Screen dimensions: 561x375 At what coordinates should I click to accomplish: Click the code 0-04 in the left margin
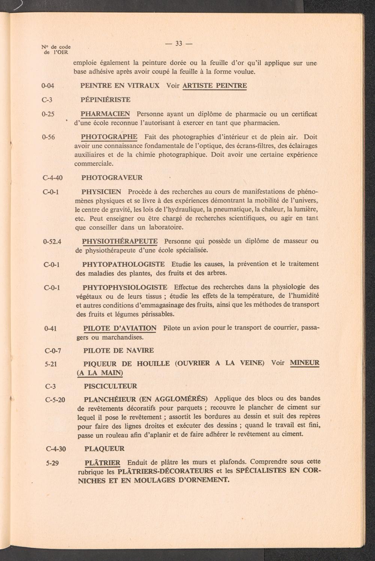click(x=48, y=86)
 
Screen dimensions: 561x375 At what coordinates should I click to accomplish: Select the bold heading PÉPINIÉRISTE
click(x=105, y=100)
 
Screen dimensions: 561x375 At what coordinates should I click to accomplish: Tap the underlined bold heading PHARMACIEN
click(x=105, y=114)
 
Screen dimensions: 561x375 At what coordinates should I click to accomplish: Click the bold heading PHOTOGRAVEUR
click(x=112, y=178)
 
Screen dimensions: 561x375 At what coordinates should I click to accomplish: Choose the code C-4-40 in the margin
click(x=53, y=178)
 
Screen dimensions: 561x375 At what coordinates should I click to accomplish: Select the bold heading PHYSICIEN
click(x=101, y=192)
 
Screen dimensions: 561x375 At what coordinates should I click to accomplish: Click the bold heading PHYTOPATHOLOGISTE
click(x=123, y=264)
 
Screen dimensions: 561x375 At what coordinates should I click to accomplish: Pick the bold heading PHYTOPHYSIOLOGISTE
click(x=125, y=287)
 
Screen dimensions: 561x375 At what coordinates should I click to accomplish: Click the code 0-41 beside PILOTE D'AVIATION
click(x=50, y=329)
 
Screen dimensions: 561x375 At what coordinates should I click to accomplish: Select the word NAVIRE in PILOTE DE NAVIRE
click(x=140, y=351)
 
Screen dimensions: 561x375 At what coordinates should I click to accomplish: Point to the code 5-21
click(x=50, y=364)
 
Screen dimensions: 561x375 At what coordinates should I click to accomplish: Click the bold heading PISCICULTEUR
click(x=111, y=386)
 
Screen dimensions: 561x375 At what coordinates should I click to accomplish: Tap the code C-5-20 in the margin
click(x=55, y=400)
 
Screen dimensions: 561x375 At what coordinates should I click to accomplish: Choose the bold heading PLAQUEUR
click(x=104, y=449)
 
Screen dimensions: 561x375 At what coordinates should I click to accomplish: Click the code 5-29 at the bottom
click(x=52, y=463)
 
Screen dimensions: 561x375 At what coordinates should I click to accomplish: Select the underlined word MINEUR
click(x=304, y=363)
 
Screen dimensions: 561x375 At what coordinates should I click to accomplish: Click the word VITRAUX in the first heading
click(x=144, y=85)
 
